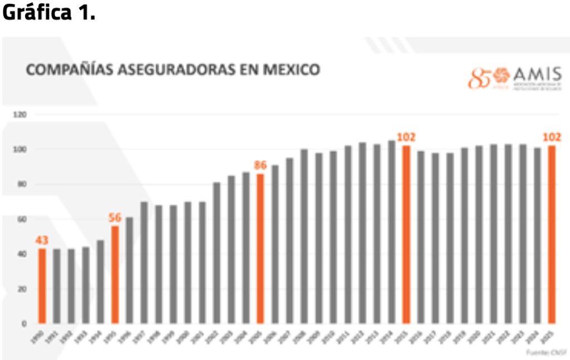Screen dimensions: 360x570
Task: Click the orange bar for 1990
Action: [42, 285]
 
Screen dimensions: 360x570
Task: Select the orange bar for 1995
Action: [115, 274]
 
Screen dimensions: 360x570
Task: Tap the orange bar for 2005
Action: [260, 249]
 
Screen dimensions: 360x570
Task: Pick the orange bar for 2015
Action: [406, 234]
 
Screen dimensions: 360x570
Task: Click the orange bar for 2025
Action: [552, 234]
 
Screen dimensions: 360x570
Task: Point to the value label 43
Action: [42, 240]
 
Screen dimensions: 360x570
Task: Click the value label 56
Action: [115, 218]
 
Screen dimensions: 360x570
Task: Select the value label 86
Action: [261, 165]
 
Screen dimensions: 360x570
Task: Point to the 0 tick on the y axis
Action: [25, 323]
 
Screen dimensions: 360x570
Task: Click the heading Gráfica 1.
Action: [49, 13]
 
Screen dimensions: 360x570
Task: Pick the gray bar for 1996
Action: [129, 270]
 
